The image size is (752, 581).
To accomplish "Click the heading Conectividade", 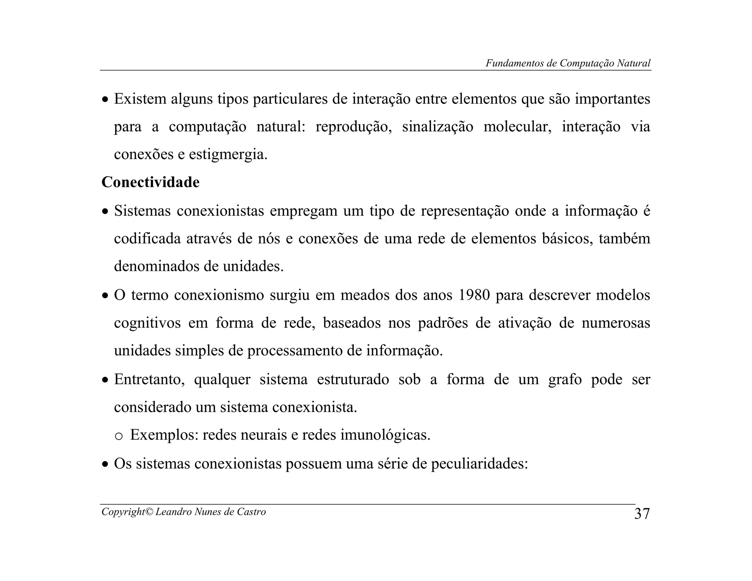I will (151, 182).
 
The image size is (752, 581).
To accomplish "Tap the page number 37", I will (642, 514).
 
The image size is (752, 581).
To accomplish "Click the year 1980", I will (474, 295).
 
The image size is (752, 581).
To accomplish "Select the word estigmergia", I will (228, 155).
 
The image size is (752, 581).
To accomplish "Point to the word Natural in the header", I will (633, 63).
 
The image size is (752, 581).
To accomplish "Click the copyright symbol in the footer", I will (150, 512).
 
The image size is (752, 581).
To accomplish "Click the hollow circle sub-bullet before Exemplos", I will (118, 436).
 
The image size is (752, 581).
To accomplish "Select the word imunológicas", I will (385, 435).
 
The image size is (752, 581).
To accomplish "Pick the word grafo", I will (565, 379).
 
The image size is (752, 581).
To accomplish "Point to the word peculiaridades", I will (479, 464).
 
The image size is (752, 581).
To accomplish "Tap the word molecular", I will (517, 127).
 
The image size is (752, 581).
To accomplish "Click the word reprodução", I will (354, 127).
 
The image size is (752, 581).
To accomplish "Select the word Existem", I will (140, 99).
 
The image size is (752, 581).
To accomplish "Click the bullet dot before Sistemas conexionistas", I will (105, 212).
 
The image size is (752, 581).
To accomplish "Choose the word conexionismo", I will (219, 295).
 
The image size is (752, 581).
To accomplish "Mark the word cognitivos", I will (147, 323).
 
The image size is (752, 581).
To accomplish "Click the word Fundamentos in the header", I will (515, 63).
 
